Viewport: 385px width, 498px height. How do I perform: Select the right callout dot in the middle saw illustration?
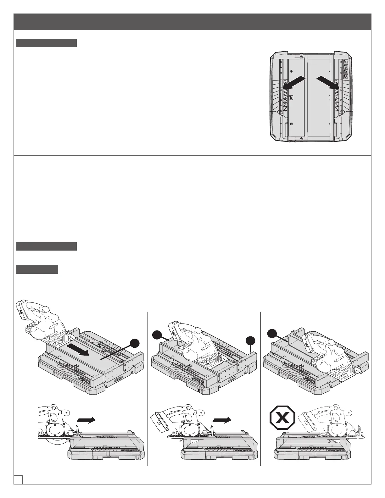point(250,340)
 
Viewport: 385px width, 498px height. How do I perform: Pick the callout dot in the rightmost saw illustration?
point(272,333)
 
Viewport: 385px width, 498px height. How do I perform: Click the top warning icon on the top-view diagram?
point(346,62)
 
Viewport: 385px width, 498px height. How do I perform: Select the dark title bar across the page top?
point(192,22)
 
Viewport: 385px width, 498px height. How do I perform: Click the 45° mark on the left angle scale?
point(286,111)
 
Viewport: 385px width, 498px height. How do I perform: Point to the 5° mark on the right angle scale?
point(337,81)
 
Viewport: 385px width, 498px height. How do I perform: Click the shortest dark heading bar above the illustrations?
point(37,270)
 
